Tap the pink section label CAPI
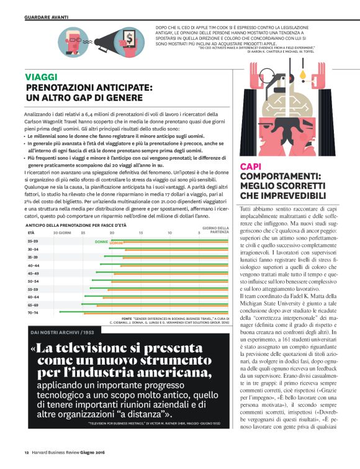coord(250,166)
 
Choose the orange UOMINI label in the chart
coord(116,243)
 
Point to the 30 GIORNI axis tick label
coord(61,232)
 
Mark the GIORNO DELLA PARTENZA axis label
coord(215,230)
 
